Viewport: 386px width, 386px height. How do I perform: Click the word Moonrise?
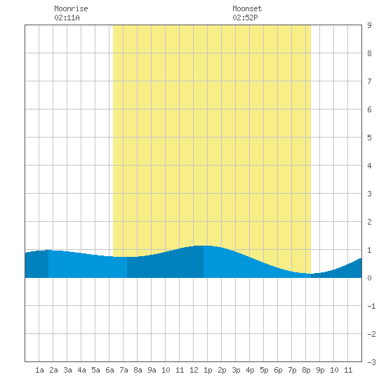[x=71, y=8]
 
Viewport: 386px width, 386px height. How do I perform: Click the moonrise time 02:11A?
[x=67, y=18]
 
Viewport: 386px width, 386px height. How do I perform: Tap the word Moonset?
[x=247, y=8]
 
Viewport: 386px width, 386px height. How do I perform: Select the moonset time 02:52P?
[x=245, y=18]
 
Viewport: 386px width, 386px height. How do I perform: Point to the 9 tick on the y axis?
[x=369, y=25]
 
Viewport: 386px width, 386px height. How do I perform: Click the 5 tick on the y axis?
[x=369, y=138]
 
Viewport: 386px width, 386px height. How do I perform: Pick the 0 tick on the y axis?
[x=369, y=278]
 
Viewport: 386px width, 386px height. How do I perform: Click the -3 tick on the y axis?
[x=372, y=362]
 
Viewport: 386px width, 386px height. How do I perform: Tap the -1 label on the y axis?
[x=372, y=306]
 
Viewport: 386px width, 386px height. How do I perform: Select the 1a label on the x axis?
[x=39, y=370]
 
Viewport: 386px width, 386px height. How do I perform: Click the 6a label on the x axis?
[x=109, y=370]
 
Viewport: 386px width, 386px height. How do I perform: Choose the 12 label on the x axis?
[x=194, y=370]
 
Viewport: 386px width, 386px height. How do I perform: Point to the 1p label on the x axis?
[x=208, y=371]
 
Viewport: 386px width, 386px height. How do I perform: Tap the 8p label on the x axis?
[x=306, y=371]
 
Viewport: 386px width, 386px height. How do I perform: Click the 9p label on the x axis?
[x=320, y=371]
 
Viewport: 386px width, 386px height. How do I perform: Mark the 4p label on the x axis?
[x=250, y=371]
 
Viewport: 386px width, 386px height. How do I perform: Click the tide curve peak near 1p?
[x=204, y=246]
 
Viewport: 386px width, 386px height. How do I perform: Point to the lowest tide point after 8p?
[x=311, y=274]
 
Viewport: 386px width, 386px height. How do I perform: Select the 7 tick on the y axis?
[x=369, y=81]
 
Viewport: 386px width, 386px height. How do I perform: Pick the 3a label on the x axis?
[x=67, y=370]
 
